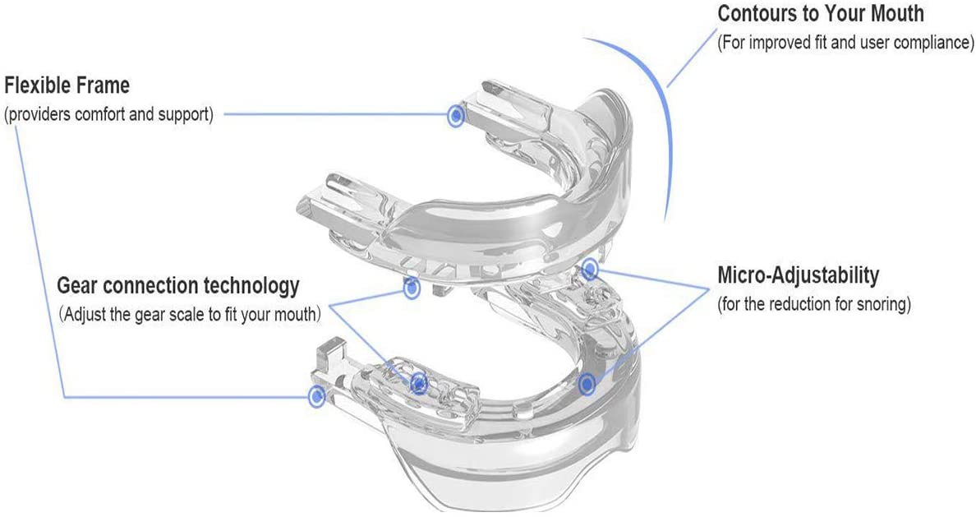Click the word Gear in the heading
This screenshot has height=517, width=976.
tap(78, 286)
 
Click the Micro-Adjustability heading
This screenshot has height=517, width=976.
tap(799, 275)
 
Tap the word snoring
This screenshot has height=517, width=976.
tap(883, 305)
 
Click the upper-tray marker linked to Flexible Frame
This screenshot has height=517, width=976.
tap(456, 115)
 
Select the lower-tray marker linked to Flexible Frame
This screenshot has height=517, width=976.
tap(317, 395)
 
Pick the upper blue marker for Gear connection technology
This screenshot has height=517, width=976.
tap(412, 288)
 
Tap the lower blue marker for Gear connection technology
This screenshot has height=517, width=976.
tap(420, 383)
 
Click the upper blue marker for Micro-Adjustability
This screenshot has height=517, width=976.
tap(589, 269)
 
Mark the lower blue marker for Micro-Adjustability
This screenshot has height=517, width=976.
tap(587, 385)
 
